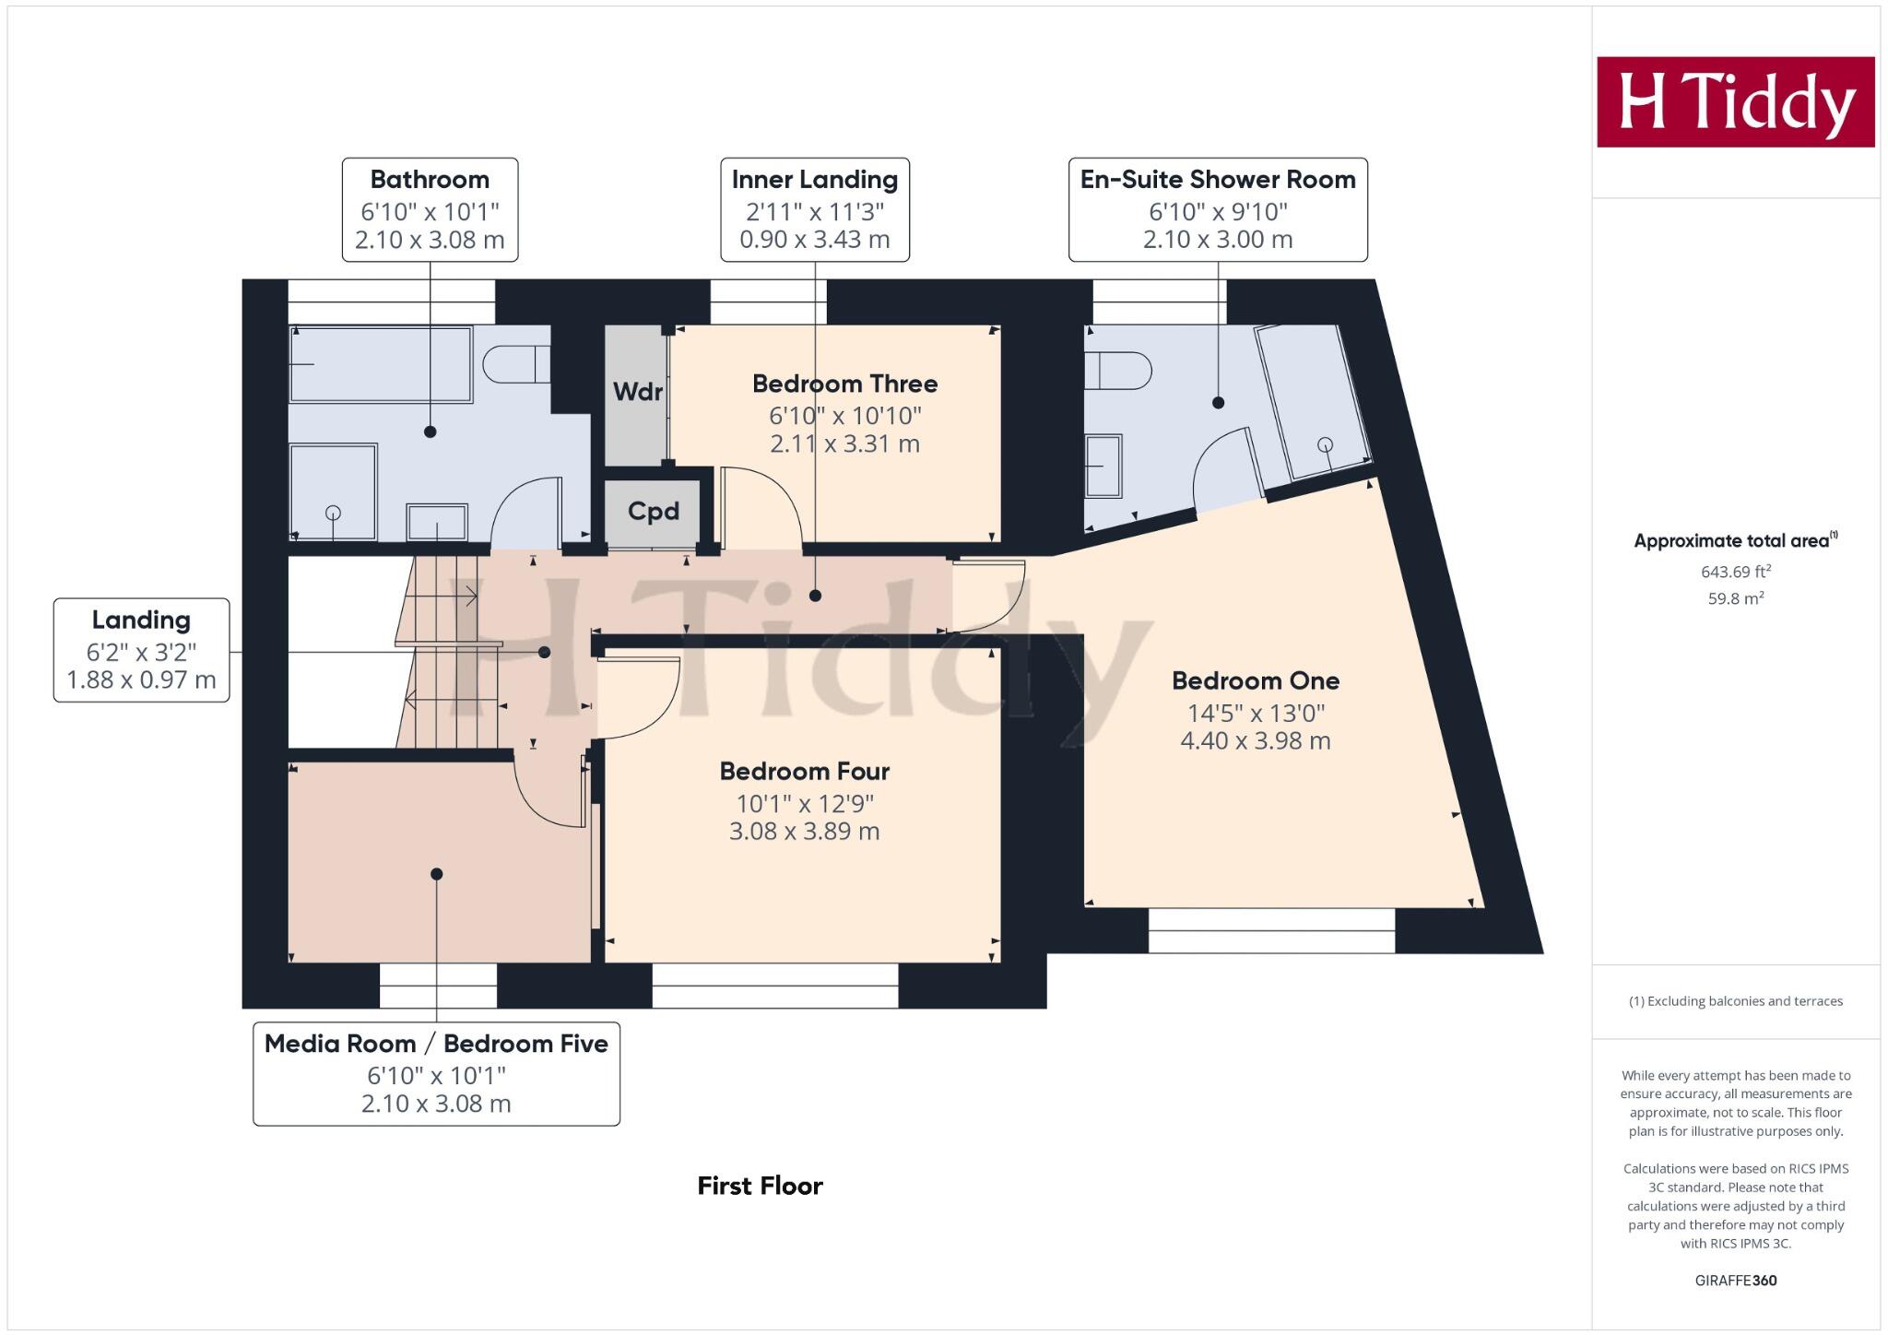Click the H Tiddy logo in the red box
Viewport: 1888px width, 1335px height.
click(x=1735, y=102)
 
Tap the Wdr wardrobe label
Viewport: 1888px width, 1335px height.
click(x=637, y=392)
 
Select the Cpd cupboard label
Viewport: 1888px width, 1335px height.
click(x=653, y=512)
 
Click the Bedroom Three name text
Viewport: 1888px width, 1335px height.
click(x=844, y=384)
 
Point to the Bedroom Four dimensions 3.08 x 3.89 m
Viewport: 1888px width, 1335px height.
click(x=804, y=832)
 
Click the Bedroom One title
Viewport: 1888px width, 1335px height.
click(x=1255, y=681)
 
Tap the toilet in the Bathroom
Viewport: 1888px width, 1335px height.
click(x=513, y=364)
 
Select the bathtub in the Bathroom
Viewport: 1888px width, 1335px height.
click(x=381, y=364)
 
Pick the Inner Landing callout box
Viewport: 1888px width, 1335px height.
click(x=815, y=209)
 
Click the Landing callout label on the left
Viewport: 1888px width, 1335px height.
click(x=141, y=620)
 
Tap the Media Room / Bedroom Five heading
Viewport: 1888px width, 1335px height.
click(x=436, y=1044)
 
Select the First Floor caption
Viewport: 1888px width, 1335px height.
click(x=760, y=1186)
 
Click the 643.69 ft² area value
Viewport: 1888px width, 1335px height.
click(x=1735, y=572)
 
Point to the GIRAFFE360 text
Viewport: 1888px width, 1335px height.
click(x=1735, y=1281)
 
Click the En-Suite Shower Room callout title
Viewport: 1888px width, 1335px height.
click(x=1217, y=180)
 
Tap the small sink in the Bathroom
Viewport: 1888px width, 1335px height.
click(x=437, y=522)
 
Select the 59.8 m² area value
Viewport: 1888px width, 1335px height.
click(x=1735, y=598)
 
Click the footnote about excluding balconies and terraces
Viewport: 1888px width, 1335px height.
click(x=1735, y=1001)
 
